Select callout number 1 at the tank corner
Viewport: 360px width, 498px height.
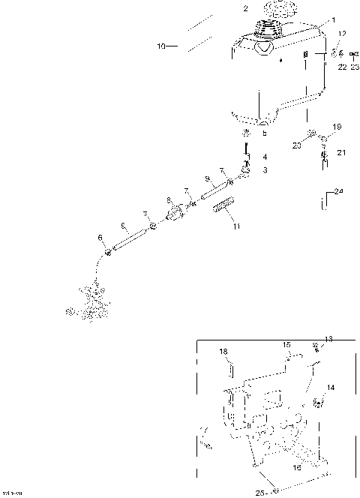pyautogui.click(x=334, y=20)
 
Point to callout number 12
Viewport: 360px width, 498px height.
pyautogui.click(x=342, y=34)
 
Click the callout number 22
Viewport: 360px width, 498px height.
pyautogui.click(x=341, y=67)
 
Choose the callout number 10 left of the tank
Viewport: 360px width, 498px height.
pyautogui.click(x=160, y=46)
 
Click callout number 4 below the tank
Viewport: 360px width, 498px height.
pyautogui.click(x=264, y=157)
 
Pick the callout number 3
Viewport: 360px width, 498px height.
pyautogui.click(x=264, y=171)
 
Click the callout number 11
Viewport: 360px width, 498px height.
pyautogui.click(x=237, y=226)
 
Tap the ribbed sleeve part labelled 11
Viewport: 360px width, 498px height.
pyautogui.click(x=224, y=205)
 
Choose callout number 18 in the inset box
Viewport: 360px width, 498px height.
pyautogui.click(x=223, y=351)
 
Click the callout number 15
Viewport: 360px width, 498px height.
pyautogui.click(x=286, y=344)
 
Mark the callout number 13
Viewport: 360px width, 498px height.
pyautogui.click(x=328, y=339)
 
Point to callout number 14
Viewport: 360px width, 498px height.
pyautogui.click(x=331, y=388)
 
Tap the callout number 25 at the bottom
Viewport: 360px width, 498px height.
pyautogui.click(x=259, y=492)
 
